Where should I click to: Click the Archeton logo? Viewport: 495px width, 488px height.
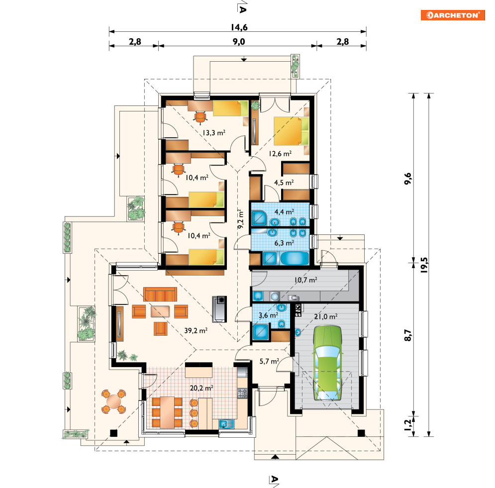tap(453, 15)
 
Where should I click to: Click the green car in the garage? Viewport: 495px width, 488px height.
tap(328, 363)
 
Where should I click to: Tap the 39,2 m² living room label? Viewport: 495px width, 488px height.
tap(196, 330)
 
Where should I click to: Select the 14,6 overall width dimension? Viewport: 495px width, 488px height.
tap(239, 27)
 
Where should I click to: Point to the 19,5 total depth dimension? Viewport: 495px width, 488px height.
tap(424, 265)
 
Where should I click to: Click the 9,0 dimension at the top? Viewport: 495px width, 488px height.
tap(239, 42)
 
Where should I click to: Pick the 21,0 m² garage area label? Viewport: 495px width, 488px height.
tap(326, 316)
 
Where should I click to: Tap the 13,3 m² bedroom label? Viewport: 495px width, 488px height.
tap(214, 133)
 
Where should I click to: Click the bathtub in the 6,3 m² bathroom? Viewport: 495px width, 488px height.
tap(295, 258)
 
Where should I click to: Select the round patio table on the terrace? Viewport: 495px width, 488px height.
tap(113, 401)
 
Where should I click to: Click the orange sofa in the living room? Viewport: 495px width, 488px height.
tap(160, 294)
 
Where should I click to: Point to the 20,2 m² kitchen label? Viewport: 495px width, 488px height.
tap(201, 388)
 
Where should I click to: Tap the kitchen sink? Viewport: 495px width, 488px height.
tap(226, 424)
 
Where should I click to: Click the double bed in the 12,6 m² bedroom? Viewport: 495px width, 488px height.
tap(291, 131)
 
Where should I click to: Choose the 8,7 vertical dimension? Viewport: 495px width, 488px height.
tap(408, 335)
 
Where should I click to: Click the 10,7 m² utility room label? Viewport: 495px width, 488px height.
tap(305, 280)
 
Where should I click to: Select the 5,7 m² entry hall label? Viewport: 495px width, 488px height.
tap(269, 361)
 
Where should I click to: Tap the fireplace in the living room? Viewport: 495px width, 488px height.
tap(219, 309)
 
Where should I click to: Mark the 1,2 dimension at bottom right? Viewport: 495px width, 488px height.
tap(408, 424)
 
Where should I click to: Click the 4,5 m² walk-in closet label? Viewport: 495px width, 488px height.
tap(284, 183)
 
